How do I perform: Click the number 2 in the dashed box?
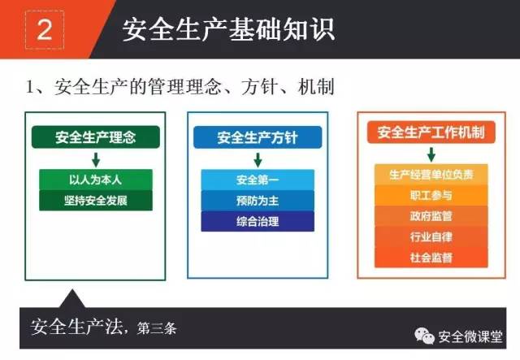[x=45, y=30]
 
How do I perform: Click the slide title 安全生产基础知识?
[x=228, y=29]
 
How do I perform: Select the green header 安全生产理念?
[x=96, y=137]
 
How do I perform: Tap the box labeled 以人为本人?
[x=96, y=180]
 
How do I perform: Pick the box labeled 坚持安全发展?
[x=96, y=201]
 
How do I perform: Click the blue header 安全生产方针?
[x=258, y=137]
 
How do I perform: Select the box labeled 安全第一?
[x=258, y=180]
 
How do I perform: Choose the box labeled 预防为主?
[x=258, y=201]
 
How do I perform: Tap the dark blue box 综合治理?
[x=258, y=221]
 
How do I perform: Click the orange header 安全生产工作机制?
[x=431, y=132]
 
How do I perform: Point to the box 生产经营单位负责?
[x=431, y=174]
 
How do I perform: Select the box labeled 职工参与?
[x=431, y=195]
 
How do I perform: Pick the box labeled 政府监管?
[x=431, y=216]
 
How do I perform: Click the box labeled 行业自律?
[x=431, y=236]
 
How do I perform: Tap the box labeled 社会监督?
[x=431, y=258]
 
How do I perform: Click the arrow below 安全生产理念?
[x=96, y=159]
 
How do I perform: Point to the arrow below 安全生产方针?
[x=258, y=160]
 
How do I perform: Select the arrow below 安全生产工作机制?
[x=431, y=154]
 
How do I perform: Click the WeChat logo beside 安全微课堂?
[x=424, y=336]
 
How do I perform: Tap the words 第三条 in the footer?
[x=157, y=328]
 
